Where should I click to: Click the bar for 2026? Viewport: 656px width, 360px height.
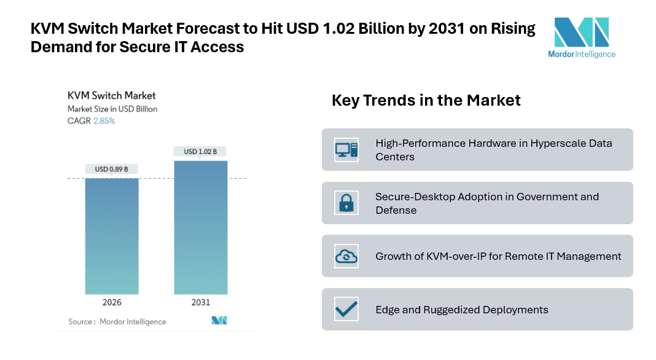point(112,236)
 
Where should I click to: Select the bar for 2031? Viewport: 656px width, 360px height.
point(200,227)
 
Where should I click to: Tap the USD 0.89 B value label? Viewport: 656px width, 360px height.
point(112,169)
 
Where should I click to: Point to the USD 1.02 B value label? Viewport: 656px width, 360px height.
point(200,152)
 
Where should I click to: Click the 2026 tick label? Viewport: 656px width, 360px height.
point(112,302)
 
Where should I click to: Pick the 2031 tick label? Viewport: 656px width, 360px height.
point(200,302)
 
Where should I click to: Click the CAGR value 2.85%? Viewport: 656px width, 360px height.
point(104,121)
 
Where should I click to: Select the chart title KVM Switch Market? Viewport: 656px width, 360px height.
point(111,95)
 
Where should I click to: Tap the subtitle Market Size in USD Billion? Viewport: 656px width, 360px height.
point(112,109)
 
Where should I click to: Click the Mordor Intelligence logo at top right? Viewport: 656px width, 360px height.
point(581,37)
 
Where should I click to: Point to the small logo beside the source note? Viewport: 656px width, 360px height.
point(219,321)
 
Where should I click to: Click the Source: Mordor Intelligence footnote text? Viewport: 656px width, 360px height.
point(117,321)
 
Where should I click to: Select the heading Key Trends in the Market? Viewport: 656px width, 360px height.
point(426,100)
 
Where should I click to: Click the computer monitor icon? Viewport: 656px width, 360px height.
point(346,149)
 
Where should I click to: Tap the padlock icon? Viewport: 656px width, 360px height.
point(346,203)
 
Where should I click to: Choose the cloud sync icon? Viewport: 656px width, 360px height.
point(346,256)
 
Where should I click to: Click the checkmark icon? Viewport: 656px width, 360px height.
point(346,309)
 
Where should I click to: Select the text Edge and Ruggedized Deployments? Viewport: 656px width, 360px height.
point(462,310)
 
